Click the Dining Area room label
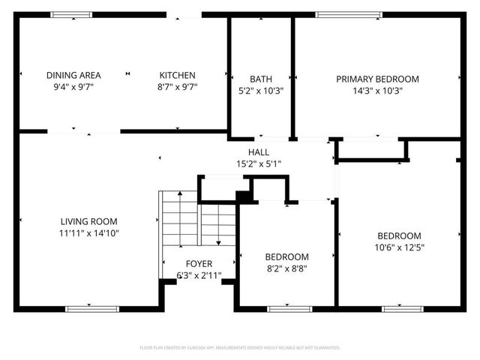[73, 75]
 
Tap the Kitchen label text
[177, 75]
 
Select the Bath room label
[260, 79]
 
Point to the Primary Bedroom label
[377, 79]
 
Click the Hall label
[259, 152]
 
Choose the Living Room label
[89, 221]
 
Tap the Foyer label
[199, 264]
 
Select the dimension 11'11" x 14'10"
[89, 232]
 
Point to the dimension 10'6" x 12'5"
[399, 247]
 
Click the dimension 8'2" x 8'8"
[286, 268]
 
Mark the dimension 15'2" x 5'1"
[259, 163]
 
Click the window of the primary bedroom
[337, 14]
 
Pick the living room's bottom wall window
[91, 307]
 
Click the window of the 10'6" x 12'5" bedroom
[402, 307]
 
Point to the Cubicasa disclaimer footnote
[240, 348]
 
